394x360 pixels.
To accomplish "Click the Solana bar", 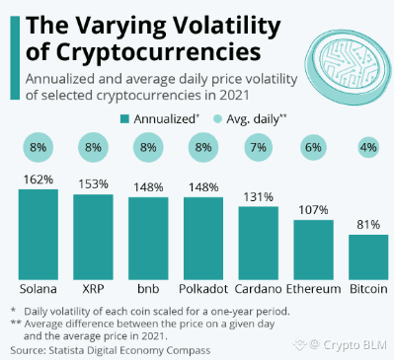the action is [x=39, y=235].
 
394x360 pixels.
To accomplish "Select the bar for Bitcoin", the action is [x=368, y=257].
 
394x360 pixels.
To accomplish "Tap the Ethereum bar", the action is [x=313, y=250].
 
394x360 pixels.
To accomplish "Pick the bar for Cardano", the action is [x=259, y=244].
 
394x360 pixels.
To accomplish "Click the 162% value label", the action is [x=39, y=180].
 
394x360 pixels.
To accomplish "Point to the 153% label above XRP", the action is [x=93, y=184].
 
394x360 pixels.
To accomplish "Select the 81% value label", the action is [x=368, y=225].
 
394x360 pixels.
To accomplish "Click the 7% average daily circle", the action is [x=259, y=147].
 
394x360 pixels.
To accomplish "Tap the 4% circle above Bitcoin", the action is [x=368, y=147].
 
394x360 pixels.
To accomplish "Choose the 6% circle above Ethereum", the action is [x=313, y=147].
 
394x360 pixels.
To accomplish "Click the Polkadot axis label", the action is [x=203, y=289].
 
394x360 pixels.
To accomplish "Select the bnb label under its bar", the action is [x=148, y=289].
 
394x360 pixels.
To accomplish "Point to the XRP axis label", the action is [x=93, y=289].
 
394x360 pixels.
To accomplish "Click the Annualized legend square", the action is [x=124, y=119].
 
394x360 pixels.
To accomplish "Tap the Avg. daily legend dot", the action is [x=217, y=119].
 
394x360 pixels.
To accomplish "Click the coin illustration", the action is [x=349, y=67].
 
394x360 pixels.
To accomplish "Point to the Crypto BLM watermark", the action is [x=341, y=344].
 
